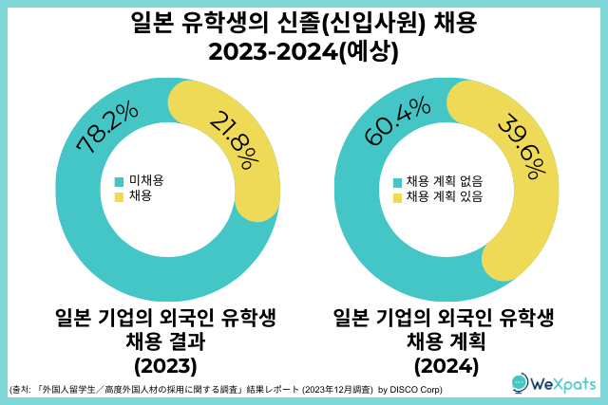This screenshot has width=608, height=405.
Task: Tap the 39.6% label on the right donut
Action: click(522, 148)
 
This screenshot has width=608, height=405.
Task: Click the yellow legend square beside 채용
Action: click(119, 197)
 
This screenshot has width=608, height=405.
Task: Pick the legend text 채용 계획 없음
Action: click(445, 181)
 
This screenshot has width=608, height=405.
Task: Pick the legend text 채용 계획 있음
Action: click(445, 197)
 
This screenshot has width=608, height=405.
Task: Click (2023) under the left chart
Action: click(166, 365)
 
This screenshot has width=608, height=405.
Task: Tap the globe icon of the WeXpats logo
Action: click(520, 384)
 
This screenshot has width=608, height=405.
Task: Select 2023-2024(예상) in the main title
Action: click(304, 53)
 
